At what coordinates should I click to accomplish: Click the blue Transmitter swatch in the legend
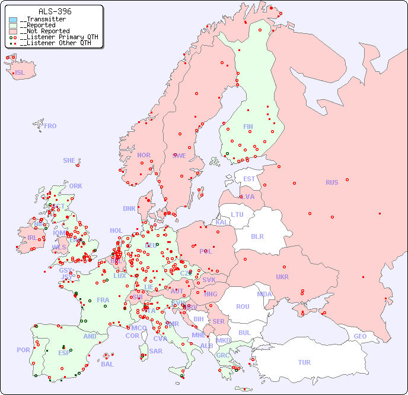point(13,20)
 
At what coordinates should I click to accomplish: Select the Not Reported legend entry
point(44,31)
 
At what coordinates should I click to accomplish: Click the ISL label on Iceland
point(20,73)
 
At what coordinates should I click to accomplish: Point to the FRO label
point(50,126)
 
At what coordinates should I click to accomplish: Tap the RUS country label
point(332,182)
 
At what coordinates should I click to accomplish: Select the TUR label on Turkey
point(304,362)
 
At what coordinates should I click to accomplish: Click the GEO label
point(360,336)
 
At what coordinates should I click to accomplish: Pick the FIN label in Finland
point(248,127)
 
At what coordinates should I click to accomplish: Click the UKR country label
point(282,277)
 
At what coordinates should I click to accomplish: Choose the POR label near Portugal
point(23,350)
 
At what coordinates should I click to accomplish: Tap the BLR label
point(257,236)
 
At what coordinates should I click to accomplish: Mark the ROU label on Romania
point(243,306)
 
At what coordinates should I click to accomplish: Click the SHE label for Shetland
point(69,160)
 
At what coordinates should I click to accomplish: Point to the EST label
point(249,179)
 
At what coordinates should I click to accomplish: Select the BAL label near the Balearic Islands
point(107,364)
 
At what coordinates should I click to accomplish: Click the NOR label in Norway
point(144,155)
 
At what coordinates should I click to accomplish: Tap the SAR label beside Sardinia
point(156,351)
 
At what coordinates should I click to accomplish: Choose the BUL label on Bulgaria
point(244,333)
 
